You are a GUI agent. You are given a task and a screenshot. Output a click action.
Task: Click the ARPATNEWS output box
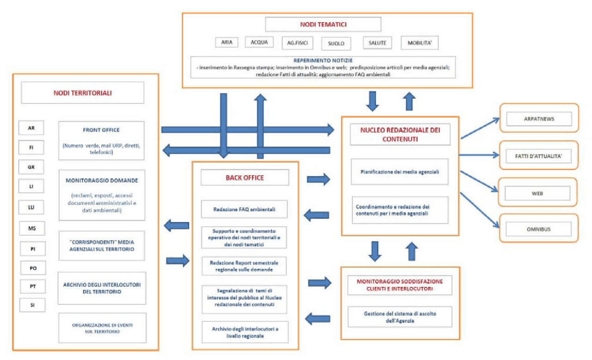coord(539,119)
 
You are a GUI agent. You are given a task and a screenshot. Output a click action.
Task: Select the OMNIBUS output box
coord(539,229)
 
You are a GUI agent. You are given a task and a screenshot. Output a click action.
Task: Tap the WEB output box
coord(539,192)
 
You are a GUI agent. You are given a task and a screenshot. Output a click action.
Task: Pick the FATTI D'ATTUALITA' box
coord(539,156)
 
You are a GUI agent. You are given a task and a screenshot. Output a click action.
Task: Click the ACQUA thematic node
coord(259,42)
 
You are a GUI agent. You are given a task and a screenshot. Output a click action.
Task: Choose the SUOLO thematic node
coord(336,43)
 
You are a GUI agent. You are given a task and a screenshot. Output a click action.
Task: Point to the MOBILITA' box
coord(419,43)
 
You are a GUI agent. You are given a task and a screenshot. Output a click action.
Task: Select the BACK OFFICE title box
coord(245,177)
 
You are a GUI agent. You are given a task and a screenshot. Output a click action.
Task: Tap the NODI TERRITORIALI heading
coord(83,93)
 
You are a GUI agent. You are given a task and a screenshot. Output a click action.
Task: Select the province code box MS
coord(31,228)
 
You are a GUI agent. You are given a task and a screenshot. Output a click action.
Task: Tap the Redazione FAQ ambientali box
coord(245,209)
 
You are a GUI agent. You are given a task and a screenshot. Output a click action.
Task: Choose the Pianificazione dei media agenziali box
coord(399,172)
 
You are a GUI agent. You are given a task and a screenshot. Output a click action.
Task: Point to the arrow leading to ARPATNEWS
coord(480,128)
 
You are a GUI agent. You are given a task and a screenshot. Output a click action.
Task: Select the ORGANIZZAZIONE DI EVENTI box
coord(102,328)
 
